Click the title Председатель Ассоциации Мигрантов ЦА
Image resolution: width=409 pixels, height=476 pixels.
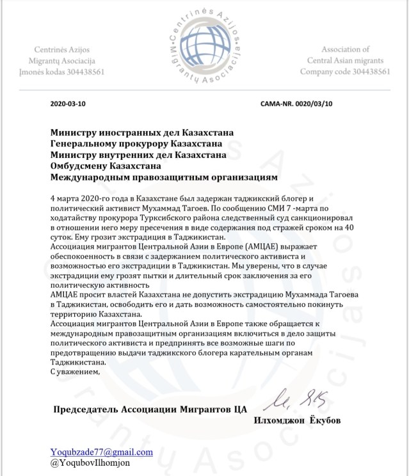coord(150,409)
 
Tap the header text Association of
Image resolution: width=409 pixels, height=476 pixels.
coord(345,49)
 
